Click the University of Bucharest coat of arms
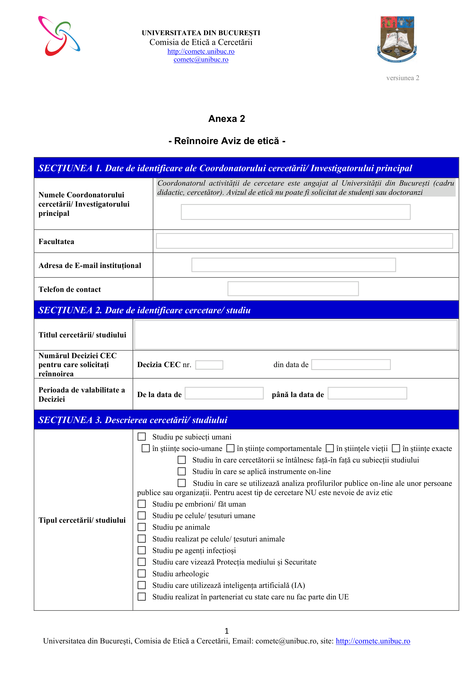click(397, 39)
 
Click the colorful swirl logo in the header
click(59, 36)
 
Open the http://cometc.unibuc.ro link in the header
click(201, 52)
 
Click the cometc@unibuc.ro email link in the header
click(201, 60)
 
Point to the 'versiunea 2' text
click(402, 78)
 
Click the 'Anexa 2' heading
click(226, 119)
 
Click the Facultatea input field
click(304, 241)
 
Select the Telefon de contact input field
click(293, 289)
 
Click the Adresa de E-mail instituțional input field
click(293, 265)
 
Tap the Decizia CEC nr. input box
click(209, 365)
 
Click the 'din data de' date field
click(351, 365)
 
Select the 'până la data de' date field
click(367, 393)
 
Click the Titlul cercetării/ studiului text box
click(296, 335)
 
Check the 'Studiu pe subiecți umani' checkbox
click(142, 437)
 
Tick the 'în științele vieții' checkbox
click(330, 448)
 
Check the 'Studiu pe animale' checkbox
click(142, 527)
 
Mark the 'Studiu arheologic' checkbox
click(142, 574)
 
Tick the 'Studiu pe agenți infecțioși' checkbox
click(142, 550)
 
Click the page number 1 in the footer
click(226, 631)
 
